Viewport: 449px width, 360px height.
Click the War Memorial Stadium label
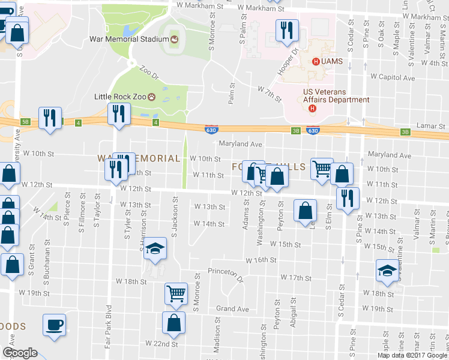click(x=127, y=40)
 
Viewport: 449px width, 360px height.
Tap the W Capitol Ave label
click(x=393, y=77)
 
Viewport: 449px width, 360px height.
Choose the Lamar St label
click(x=433, y=127)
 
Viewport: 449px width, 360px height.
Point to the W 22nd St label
click(x=162, y=344)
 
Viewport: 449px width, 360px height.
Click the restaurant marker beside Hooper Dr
click(x=286, y=29)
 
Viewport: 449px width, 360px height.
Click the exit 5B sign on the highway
click(x=25, y=121)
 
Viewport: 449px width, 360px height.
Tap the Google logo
click(x=20, y=353)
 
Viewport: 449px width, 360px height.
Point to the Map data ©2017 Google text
click(x=412, y=355)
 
